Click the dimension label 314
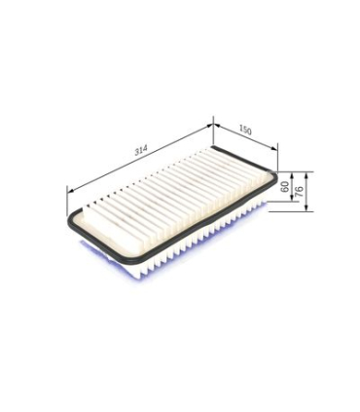pyautogui.click(x=141, y=151)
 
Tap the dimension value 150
pyautogui.click(x=245, y=130)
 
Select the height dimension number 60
pyautogui.click(x=285, y=187)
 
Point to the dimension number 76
pyautogui.click(x=299, y=189)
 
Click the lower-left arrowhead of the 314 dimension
pyautogui.click(x=70, y=191)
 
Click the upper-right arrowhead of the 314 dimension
pyautogui.click(x=209, y=126)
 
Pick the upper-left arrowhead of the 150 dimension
pyautogui.click(x=217, y=127)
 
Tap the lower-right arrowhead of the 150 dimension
pyautogui.click(x=274, y=148)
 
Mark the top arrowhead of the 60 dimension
pyautogui.click(x=292, y=175)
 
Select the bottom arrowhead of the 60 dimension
pyautogui.click(x=292, y=198)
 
